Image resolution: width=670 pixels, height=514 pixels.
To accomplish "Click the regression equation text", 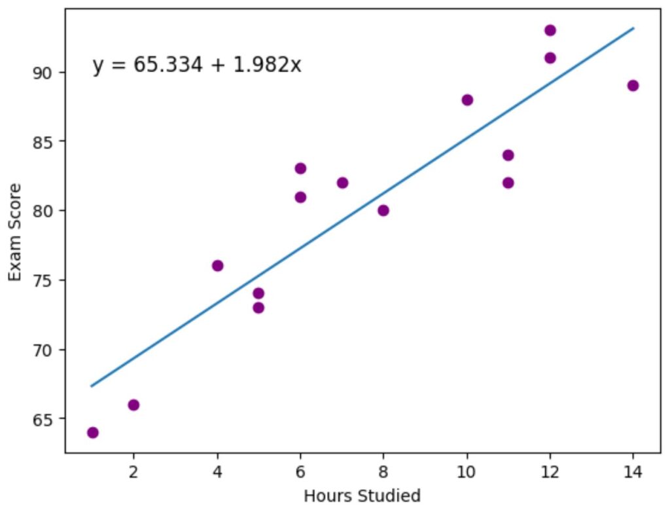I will (197, 65).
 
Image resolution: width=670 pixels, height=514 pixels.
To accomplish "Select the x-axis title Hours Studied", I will (362, 496).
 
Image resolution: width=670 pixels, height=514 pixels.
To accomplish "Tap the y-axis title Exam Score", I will (15, 232).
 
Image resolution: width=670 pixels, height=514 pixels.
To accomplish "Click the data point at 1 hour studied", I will (92, 433).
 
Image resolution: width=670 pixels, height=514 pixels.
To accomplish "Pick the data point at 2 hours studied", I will (133, 405).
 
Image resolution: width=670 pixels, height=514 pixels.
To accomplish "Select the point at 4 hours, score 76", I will (217, 266).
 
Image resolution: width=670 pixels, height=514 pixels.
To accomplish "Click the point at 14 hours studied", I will (633, 86).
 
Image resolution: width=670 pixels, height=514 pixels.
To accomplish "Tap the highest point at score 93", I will (550, 30).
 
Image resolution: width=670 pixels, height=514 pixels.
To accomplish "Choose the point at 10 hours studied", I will (467, 100).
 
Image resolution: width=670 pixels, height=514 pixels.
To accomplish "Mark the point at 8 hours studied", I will (383, 210).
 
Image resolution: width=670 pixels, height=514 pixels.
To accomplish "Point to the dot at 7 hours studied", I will (342, 183).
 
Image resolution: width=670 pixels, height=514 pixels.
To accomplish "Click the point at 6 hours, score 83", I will (300, 168).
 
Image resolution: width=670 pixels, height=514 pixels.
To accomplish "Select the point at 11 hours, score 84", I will (508, 155).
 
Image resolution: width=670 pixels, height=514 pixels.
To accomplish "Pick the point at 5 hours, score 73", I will (258, 308).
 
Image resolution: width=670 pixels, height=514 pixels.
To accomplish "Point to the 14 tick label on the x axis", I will (633, 470).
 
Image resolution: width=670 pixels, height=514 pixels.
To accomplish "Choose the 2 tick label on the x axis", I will (133, 470).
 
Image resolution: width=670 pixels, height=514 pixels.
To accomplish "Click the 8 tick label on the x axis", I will (383, 470).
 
